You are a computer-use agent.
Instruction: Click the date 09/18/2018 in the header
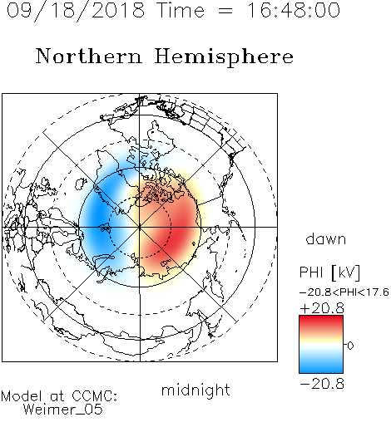point(76,11)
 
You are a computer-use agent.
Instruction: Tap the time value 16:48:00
point(294,10)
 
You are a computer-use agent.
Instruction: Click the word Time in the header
point(181,10)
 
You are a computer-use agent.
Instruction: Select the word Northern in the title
point(89,56)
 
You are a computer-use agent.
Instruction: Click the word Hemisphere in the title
point(224,57)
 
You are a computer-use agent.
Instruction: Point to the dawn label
point(326,238)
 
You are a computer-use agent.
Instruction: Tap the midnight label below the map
point(195,390)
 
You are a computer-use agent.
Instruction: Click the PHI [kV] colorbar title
point(329,272)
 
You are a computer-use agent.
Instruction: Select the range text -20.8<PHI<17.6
point(344,292)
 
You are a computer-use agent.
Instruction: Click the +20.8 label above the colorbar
point(322,308)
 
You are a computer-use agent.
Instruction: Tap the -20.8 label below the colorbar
point(322,384)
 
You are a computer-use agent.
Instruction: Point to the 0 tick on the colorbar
point(350,346)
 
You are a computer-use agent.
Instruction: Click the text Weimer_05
point(63,409)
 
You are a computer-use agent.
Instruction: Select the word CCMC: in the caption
point(95,396)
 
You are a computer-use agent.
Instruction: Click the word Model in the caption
point(22,396)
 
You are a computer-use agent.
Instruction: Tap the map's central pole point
point(140,227)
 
